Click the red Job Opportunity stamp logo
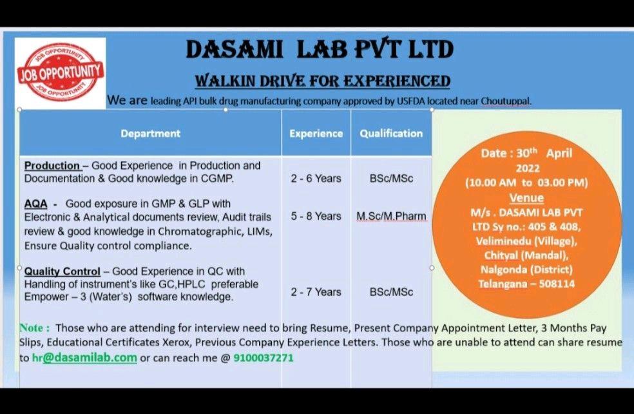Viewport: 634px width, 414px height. [x=60, y=72]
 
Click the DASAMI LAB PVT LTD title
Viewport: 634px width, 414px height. [x=320, y=50]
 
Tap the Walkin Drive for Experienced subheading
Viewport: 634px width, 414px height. [x=322, y=81]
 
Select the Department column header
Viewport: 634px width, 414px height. [x=150, y=133]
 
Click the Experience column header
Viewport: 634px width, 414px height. [x=316, y=133]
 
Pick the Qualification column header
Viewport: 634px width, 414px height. [x=391, y=133]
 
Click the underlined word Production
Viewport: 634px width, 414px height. [x=52, y=166]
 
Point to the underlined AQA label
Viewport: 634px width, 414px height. [x=35, y=204]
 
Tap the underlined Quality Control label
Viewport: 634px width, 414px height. [x=62, y=271]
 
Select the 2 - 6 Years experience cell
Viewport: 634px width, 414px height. [x=316, y=179]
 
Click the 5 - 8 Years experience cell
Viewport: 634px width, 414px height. [x=316, y=216]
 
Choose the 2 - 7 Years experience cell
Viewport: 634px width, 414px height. [x=316, y=291]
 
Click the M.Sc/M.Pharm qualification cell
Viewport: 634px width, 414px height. [x=391, y=217]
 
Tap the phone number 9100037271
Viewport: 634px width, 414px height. [x=264, y=358]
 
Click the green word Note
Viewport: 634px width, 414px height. [x=35, y=328]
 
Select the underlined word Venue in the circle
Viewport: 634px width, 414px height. [x=526, y=198]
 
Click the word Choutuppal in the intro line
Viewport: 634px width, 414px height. [x=506, y=101]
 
